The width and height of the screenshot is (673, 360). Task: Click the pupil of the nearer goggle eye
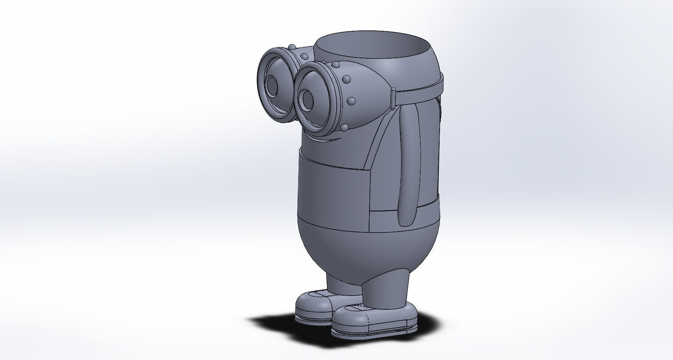pyautogui.click(x=308, y=98)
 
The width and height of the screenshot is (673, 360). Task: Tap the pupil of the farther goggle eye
pyautogui.click(x=271, y=85)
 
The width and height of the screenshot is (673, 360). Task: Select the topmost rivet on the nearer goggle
pyautogui.click(x=336, y=65)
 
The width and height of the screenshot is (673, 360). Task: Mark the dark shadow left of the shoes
pyautogui.click(x=276, y=324)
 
